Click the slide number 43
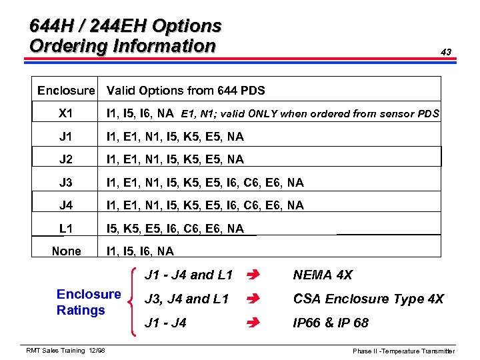pos(446,52)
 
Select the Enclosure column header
pos(66,90)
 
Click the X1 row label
pos(66,113)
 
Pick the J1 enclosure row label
pos(66,137)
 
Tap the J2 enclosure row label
pos(66,159)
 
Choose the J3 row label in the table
pos(66,183)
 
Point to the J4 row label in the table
pos(66,205)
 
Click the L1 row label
pos(66,229)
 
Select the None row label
pos(66,251)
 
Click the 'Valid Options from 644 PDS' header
pos(186,90)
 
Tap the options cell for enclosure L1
pos(175,229)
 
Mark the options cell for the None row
pos(140,251)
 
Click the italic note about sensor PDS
pos(310,114)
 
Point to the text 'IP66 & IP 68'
pos(331,323)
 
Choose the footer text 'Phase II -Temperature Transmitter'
pos(404,351)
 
